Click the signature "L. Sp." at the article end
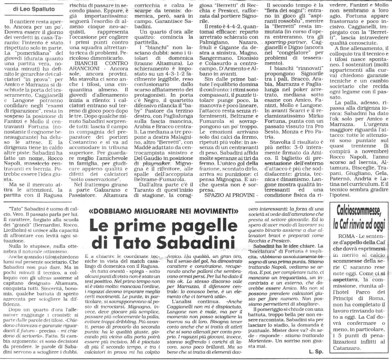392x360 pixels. (x=317, y=351)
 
